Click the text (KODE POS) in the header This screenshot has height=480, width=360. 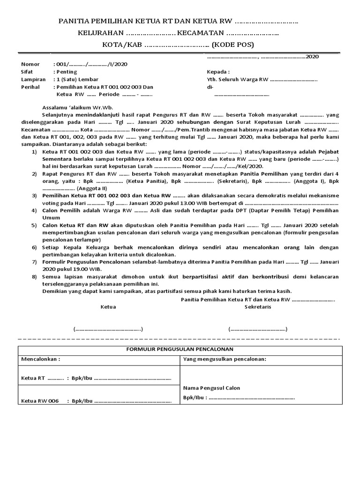[x=232, y=45]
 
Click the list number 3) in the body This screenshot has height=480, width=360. [x=34, y=194]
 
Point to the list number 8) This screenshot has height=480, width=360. [x=34, y=277]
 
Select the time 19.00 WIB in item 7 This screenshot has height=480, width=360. [x=85, y=270]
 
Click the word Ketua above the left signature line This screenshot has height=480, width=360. [x=108, y=307]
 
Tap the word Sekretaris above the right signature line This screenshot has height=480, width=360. [x=257, y=307]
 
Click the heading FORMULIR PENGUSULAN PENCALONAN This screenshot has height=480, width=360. [x=180, y=349]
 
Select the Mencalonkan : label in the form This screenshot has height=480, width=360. [x=41, y=359]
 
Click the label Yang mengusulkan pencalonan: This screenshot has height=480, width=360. [x=225, y=359]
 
